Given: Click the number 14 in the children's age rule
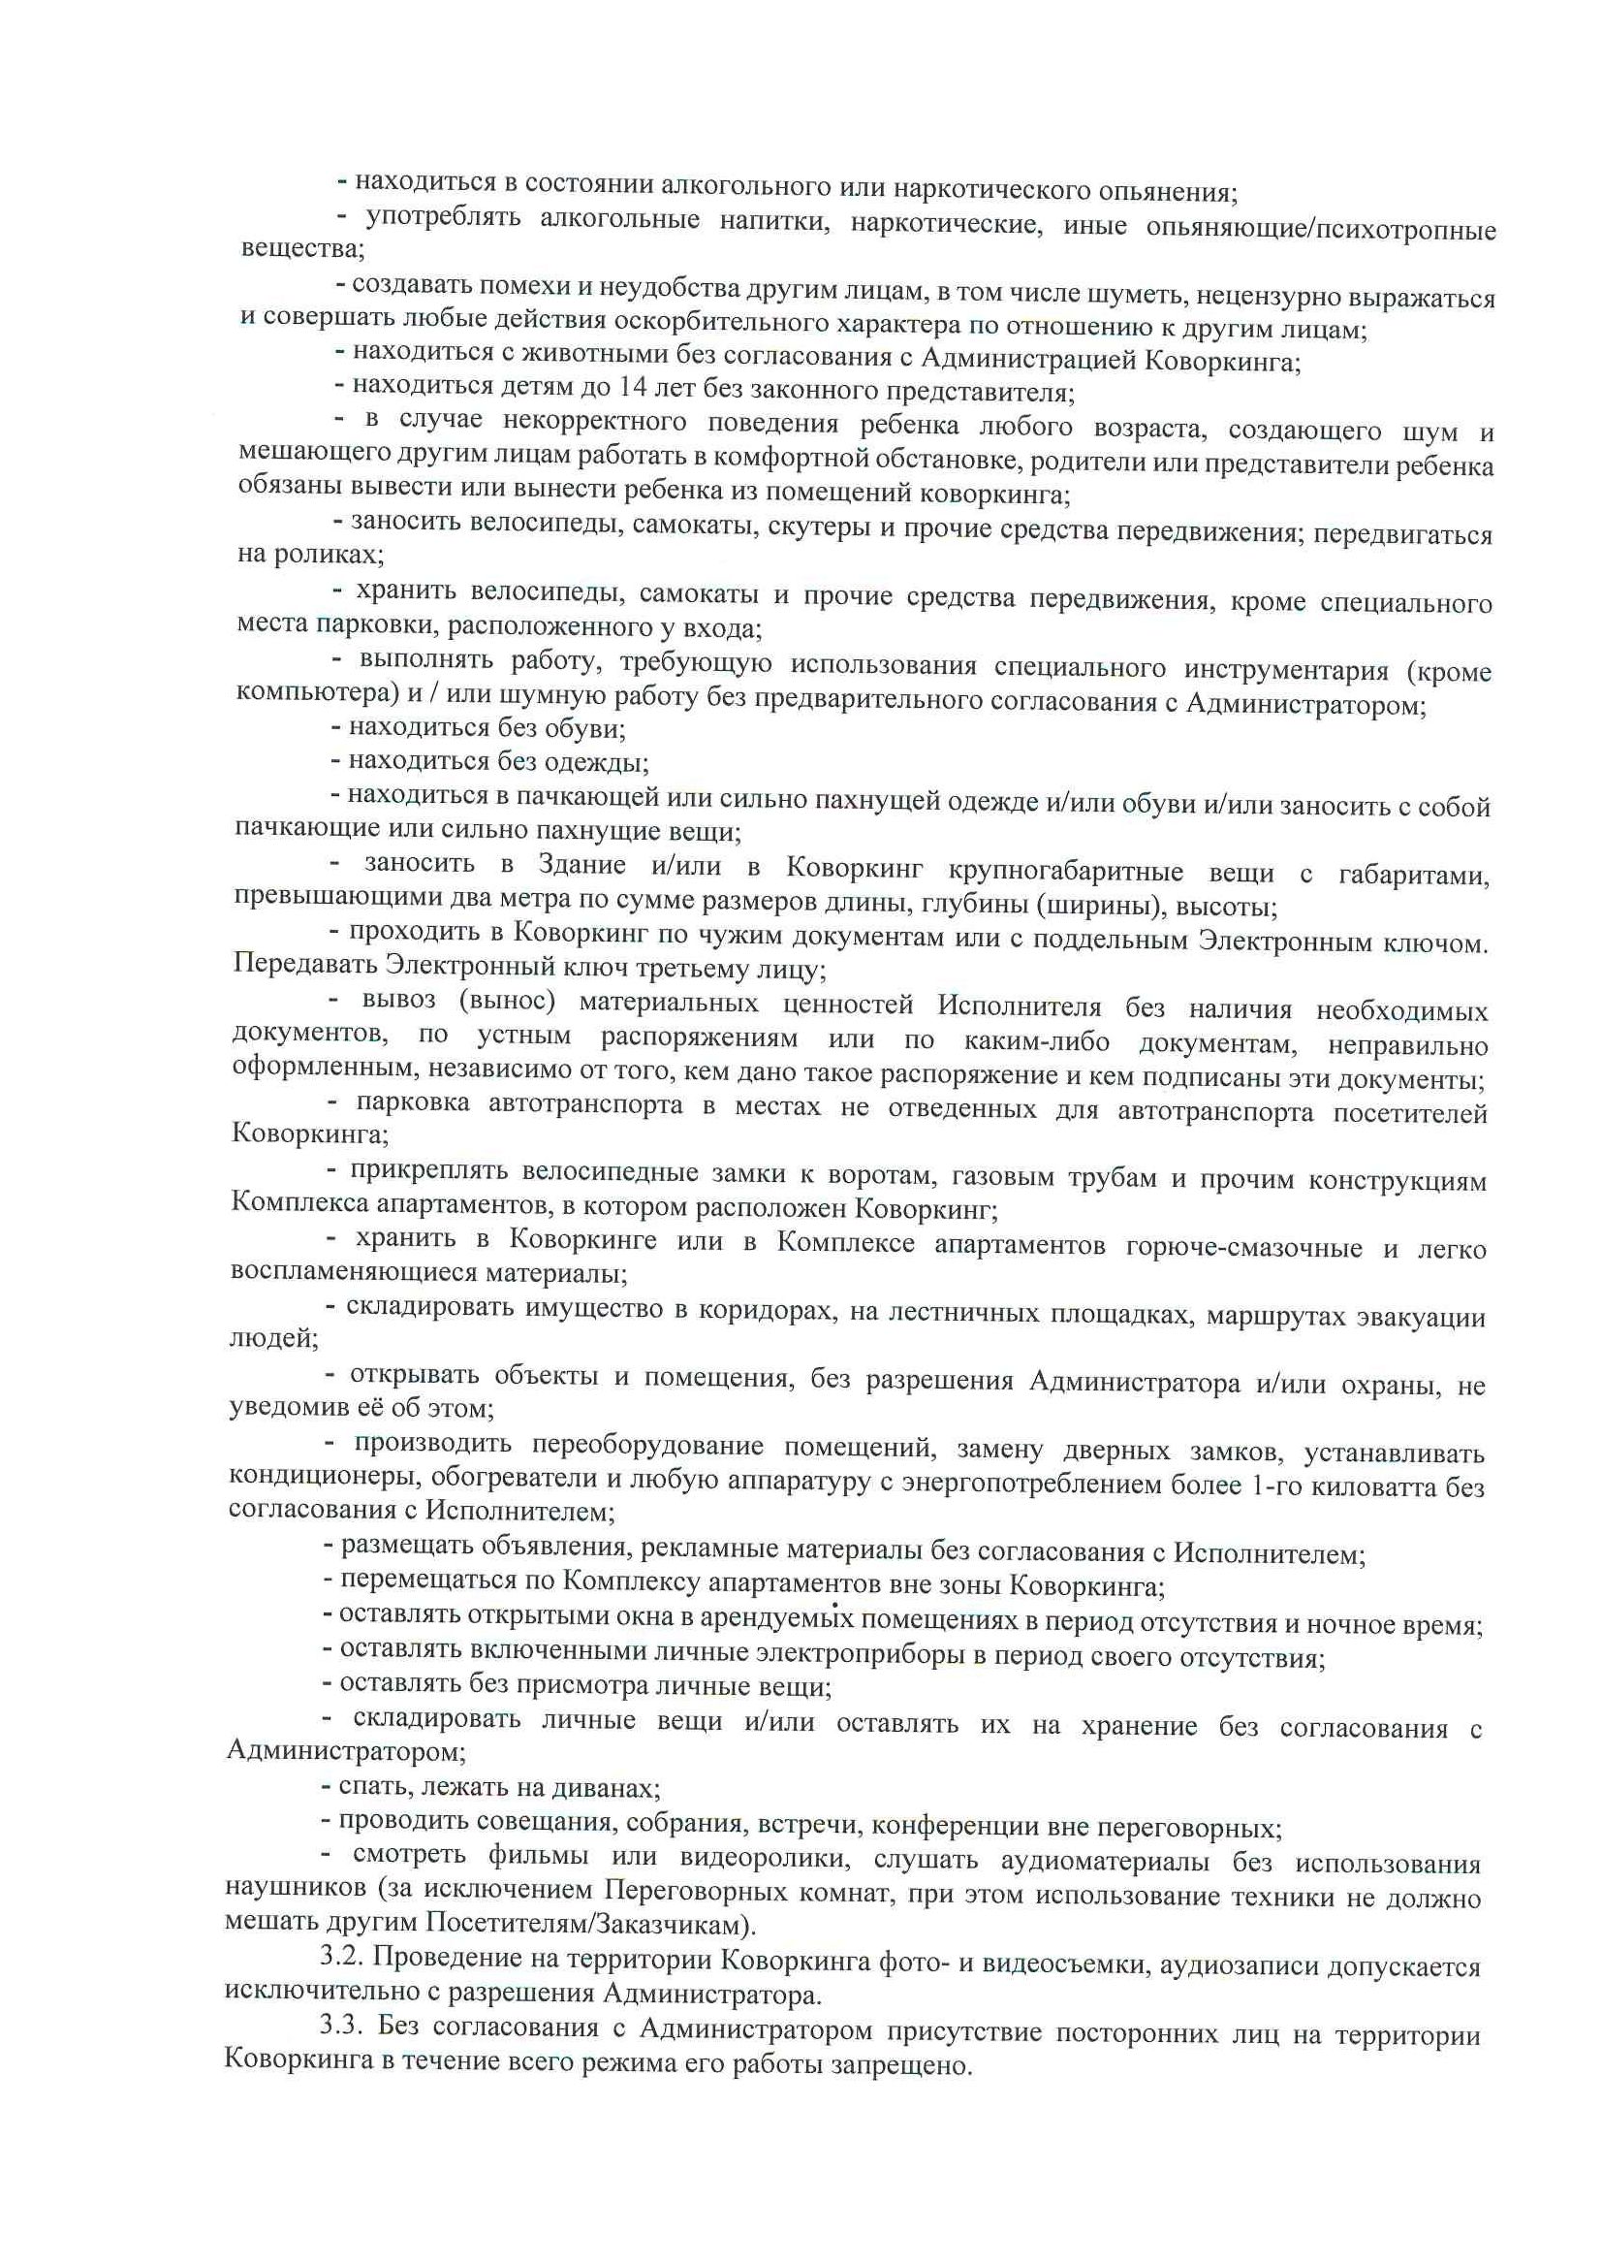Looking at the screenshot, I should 633,387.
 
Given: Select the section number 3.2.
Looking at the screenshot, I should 341,1954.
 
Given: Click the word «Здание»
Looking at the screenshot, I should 581,864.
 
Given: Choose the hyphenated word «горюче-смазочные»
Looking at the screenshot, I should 1243,1247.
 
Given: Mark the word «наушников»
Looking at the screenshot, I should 293,1889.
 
